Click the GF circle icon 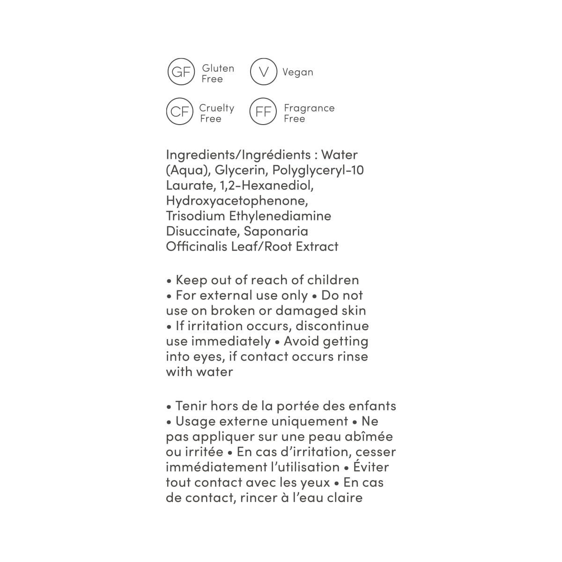click(x=181, y=72)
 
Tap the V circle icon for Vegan click(x=264, y=72)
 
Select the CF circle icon click(x=180, y=111)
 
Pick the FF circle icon click(x=263, y=111)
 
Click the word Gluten click(x=218, y=68)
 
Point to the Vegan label click(x=297, y=72)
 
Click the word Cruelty click(x=216, y=108)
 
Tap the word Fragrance click(x=309, y=108)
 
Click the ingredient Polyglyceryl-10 click(x=318, y=170)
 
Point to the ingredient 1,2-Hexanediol click(x=266, y=185)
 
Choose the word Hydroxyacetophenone click(x=237, y=200)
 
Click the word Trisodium click(x=195, y=216)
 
